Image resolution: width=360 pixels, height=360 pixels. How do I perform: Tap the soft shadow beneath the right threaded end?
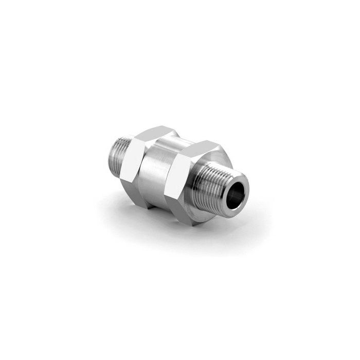pos(242,216)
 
